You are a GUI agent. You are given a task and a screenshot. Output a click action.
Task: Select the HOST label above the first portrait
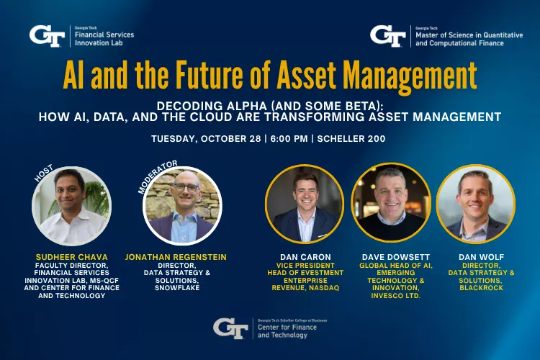45,173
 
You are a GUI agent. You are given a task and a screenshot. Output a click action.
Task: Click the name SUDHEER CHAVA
71,256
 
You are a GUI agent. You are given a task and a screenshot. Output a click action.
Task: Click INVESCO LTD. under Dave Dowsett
391,296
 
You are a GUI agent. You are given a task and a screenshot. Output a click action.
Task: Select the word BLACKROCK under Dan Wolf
476,288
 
